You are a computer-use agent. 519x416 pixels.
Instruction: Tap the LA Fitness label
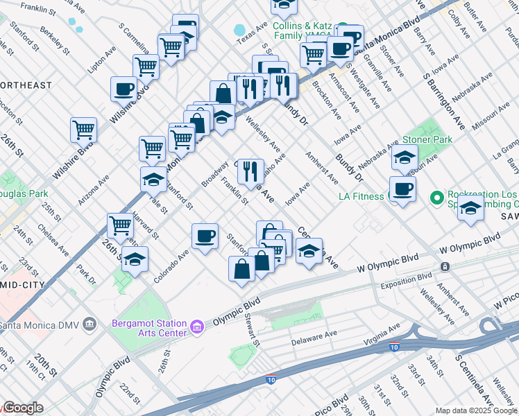tap(361, 196)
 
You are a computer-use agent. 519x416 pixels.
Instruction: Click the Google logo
tap(22, 408)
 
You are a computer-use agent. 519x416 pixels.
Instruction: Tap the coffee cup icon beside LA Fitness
tap(402, 189)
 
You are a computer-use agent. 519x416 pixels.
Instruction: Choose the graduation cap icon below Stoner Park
tap(405, 158)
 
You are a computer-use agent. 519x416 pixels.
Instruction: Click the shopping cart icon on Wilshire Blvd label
tap(83, 129)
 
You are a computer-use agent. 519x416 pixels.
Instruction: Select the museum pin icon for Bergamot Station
tap(196, 325)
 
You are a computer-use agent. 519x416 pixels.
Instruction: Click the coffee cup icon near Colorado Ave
tap(205, 236)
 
